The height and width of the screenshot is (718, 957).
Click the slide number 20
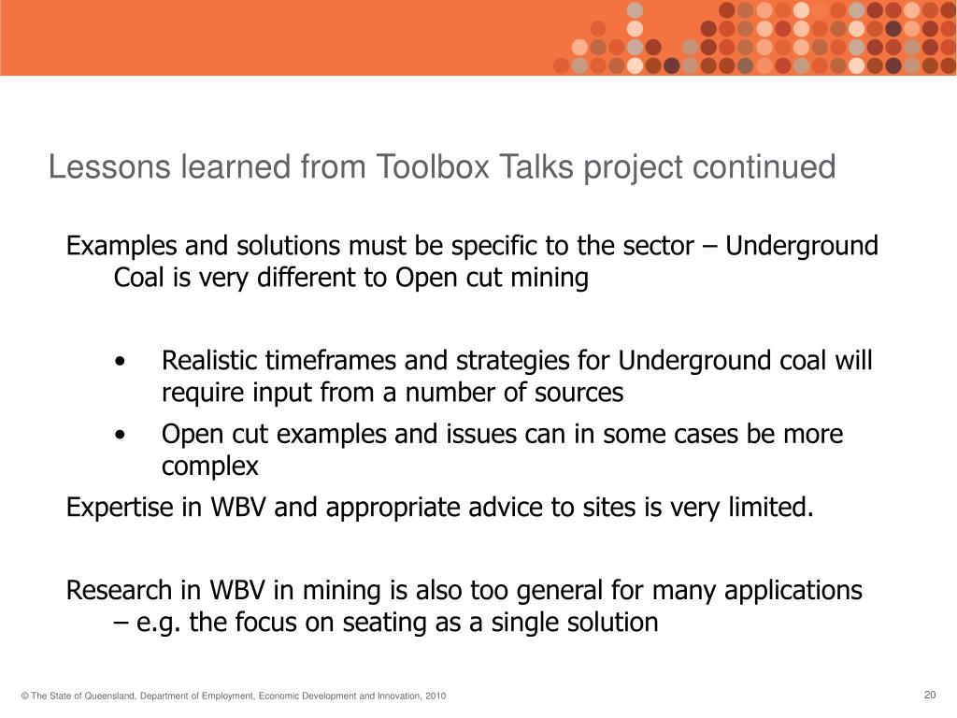click(929, 694)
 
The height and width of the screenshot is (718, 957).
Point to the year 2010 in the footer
click(435, 696)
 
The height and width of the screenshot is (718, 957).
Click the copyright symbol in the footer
click(25, 696)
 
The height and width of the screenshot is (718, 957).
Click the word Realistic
click(210, 361)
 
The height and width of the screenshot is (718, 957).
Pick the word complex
click(209, 466)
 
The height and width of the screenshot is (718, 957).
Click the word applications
click(795, 591)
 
